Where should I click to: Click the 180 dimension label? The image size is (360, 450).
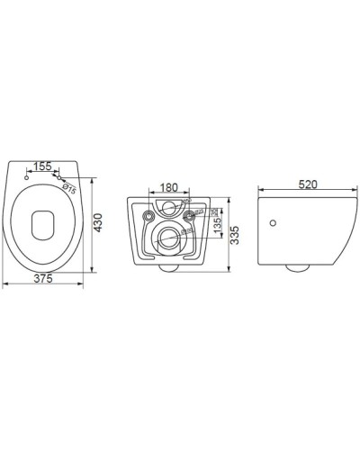point(167,187)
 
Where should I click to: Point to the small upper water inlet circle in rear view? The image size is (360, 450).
point(168,209)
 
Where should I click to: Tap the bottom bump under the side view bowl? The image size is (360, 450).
point(296,267)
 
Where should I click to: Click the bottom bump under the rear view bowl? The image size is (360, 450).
point(168,268)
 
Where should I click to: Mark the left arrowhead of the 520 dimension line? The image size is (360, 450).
point(260,191)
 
